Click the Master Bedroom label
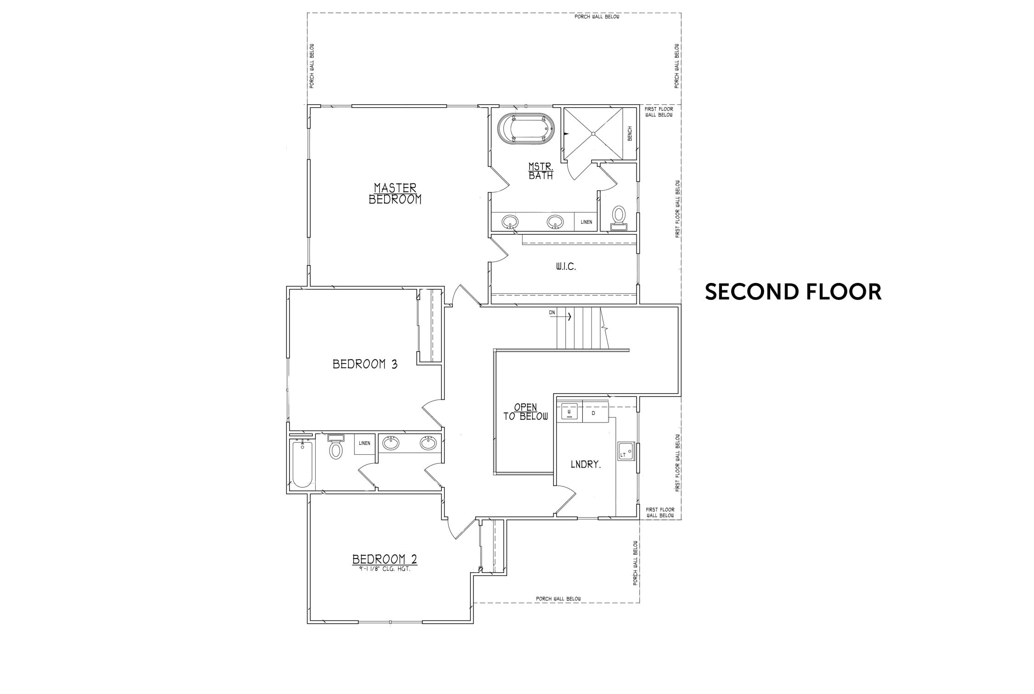click(x=395, y=193)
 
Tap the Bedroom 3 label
click(x=365, y=364)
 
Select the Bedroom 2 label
click(x=385, y=559)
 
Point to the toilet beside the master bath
click(x=619, y=218)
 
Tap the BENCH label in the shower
click(x=630, y=134)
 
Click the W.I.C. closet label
click(x=566, y=266)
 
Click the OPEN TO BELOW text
click(x=526, y=412)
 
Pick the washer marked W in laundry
click(x=569, y=412)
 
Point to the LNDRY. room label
click(x=586, y=464)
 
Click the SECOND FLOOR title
click(x=793, y=292)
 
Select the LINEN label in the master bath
click(x=586, y=222)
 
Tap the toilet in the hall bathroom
click(x=336, y=446)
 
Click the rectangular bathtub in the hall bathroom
click(x=302, y=464)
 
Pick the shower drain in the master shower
click(x=593, y=134)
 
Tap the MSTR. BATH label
click(x=541, y=170)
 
